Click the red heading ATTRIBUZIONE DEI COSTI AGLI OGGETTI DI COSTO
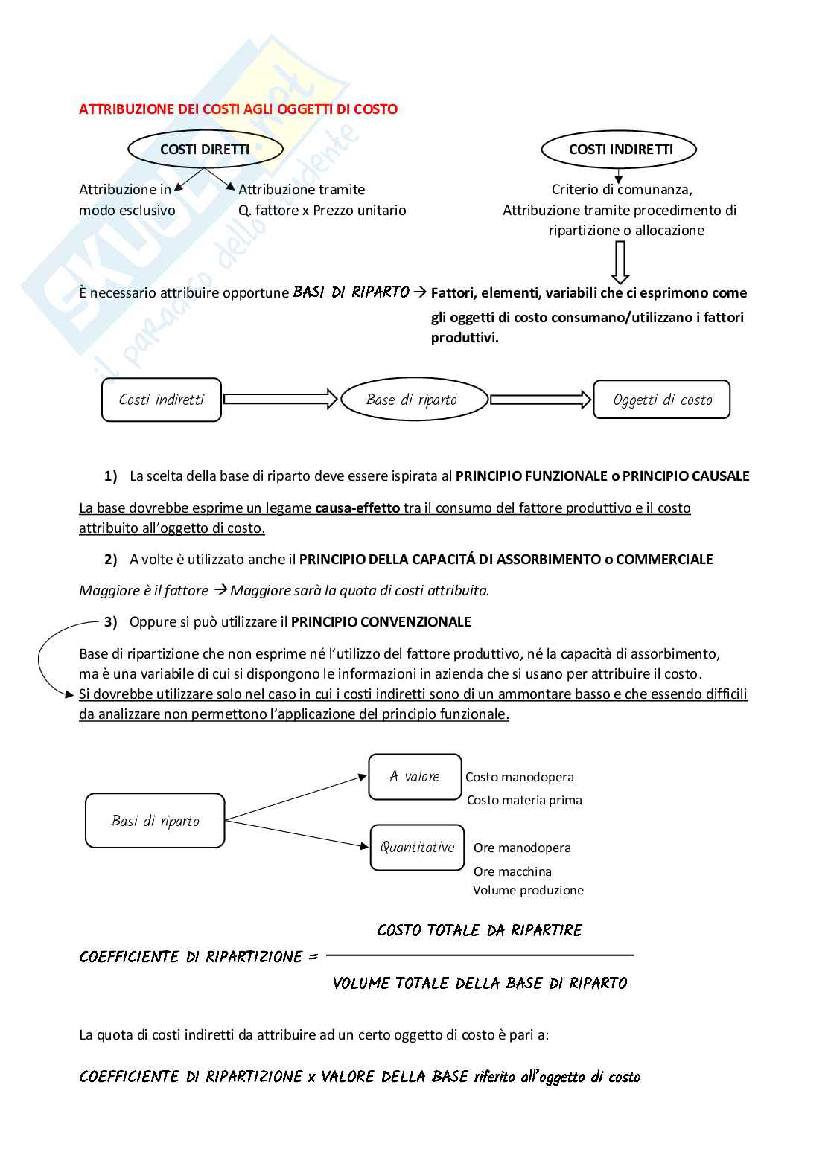[238, 109]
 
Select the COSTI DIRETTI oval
[205, 150]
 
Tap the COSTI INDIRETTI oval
[620, 150]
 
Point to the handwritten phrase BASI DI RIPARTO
[351, 292]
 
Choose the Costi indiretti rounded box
[162, 400]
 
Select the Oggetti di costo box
[662, 400]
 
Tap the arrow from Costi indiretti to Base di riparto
[281, 400]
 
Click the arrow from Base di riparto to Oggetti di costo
[541, 400]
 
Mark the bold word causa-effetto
[357, 508]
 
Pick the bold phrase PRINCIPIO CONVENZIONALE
[381, 622]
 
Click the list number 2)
[110, 560]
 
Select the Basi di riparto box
[155, 821]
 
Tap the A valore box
[415, 777]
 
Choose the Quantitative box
[417, 847]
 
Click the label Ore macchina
[512, 871]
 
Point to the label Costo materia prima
[524, 801]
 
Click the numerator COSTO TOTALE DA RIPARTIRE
[480, 930]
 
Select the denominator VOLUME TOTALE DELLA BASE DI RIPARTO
[480, 984]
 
